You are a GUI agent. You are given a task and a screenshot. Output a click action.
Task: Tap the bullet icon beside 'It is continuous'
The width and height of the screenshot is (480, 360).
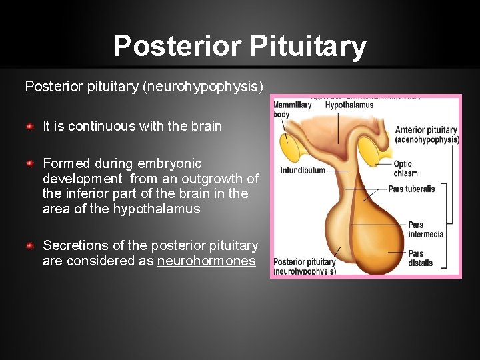29,126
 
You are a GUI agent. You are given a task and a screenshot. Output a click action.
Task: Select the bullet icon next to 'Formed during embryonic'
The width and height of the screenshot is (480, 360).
29,163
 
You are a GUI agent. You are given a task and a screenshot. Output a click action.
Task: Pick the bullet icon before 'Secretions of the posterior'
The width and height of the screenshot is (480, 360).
29,246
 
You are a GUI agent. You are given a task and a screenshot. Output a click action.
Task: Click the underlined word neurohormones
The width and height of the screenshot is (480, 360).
207,261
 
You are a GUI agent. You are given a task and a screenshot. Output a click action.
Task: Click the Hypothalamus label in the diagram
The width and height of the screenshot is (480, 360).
349,105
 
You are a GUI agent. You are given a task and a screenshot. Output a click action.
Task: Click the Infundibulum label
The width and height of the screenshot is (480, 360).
303,170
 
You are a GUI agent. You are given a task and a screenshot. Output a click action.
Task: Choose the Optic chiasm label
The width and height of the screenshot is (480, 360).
405,169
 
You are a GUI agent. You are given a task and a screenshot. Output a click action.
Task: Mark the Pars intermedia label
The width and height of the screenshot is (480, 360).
425,230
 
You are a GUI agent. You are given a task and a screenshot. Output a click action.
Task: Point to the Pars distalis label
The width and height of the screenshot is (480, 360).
420,258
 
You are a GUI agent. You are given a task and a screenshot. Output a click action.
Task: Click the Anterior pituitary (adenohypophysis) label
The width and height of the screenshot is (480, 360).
427,135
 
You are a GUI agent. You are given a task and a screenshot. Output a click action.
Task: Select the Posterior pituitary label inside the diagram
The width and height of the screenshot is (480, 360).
303,267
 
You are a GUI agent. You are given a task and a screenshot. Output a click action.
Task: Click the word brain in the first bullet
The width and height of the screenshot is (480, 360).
206,126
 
